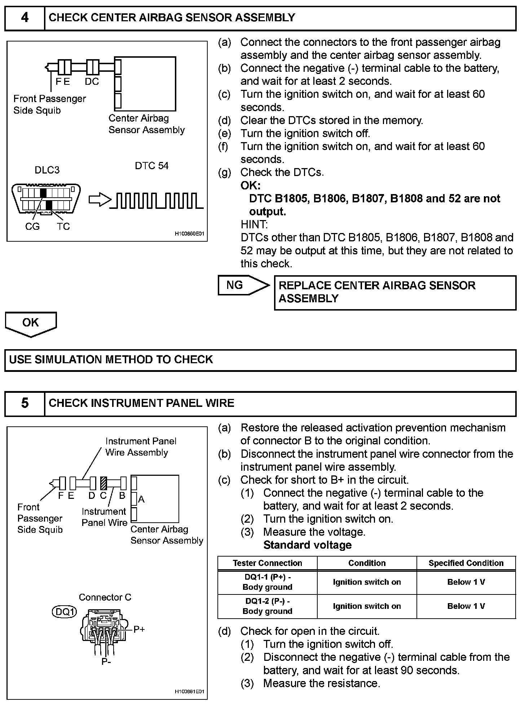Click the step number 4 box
25,18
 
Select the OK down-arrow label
31,323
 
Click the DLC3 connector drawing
46,199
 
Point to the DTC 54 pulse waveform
157,201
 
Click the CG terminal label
32,227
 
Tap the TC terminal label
63,227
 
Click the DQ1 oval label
64,612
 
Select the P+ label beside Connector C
139,629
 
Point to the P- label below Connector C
106,662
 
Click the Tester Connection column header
267,563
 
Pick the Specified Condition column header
466,563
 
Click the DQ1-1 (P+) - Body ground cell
267,582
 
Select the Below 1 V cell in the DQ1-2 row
466,606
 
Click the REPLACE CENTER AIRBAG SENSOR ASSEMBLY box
395,292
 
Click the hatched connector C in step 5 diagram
104,483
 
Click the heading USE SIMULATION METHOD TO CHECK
111,360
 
